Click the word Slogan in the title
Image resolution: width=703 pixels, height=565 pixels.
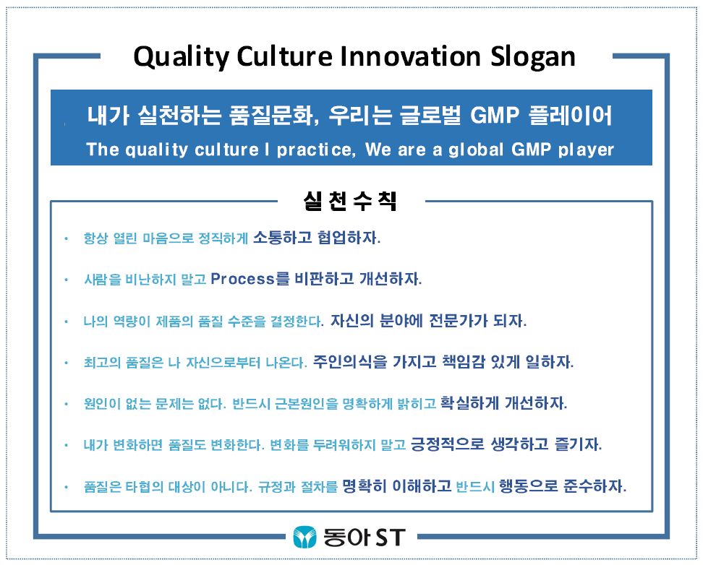tap(532, 57)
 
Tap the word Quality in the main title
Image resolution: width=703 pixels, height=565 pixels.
tap(182, 57)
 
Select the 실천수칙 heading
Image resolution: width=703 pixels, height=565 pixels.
tap(350, 201)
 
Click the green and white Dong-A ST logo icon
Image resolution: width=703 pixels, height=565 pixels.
tap(305, 538)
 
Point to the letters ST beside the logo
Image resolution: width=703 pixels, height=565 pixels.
tap(391, 538)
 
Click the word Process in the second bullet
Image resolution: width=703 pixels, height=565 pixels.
tap(242, 279)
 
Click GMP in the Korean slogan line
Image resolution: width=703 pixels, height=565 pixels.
tap(495, 116)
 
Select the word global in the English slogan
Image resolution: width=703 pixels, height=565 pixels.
tap(476, 150)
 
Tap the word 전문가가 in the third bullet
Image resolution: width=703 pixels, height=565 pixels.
tap(459, 320)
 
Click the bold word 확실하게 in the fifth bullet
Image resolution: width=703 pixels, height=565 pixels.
tap(469, 403)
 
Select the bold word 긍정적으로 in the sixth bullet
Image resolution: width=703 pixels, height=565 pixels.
tap(448, 444)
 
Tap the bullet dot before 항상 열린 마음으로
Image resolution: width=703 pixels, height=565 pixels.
tap(66, 238)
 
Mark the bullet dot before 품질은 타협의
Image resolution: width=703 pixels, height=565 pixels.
tap(66, 486)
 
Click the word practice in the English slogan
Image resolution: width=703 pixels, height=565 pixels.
tap(315, 150)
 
